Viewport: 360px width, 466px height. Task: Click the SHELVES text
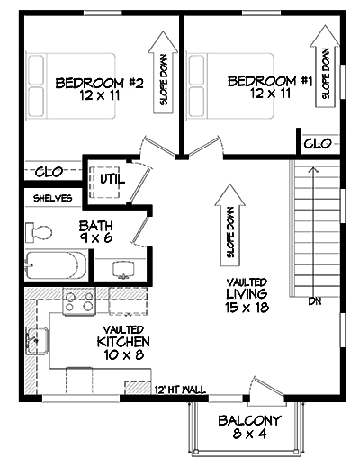[52, 197]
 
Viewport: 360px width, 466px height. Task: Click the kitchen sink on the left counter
[39, 340]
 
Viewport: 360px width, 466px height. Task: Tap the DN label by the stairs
[315, 300]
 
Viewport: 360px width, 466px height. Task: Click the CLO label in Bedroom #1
[319, 143]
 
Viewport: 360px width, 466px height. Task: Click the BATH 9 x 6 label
[94, 232]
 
